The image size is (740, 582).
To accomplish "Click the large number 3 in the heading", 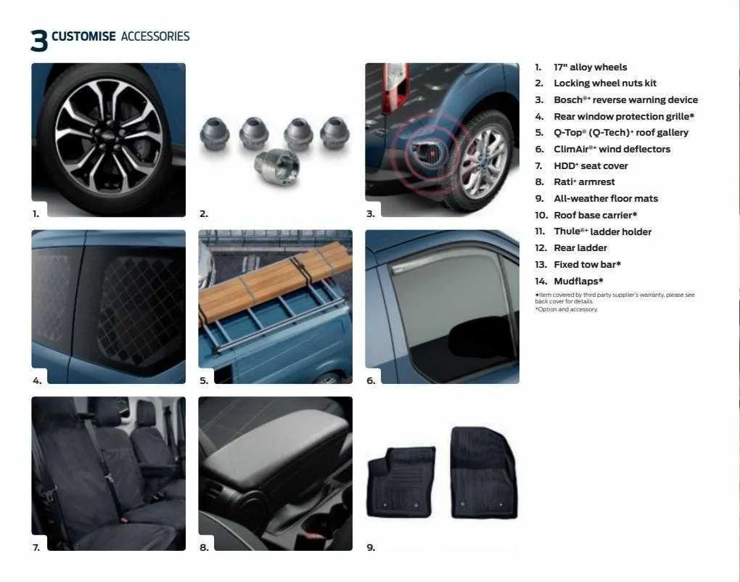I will [39, 41].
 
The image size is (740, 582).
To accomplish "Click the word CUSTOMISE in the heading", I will [83, 36].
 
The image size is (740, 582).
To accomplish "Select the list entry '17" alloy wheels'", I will [590, 67].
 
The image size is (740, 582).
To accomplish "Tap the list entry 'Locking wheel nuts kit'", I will [604, 83].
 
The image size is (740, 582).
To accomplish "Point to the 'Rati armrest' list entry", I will [584, 182].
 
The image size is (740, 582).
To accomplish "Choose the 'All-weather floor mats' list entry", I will [606, 199].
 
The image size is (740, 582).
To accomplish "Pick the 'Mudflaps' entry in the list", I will [578, 281].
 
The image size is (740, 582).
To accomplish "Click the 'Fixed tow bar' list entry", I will [587, 265].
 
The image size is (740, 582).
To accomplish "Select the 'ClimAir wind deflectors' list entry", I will [612, 149].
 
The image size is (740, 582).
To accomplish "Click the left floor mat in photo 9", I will [400, 482].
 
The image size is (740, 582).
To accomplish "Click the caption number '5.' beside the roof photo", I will [204, 380].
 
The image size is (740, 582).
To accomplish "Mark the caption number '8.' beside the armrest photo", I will [204, 547].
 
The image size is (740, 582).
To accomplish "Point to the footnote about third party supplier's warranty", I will [614, 298].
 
